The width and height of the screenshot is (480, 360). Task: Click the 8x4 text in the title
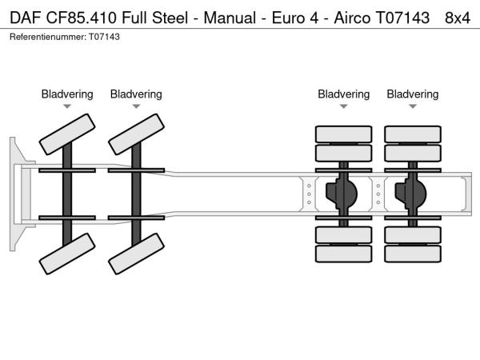[x=457, y=18]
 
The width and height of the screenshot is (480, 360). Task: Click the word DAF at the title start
[x=24, y=18]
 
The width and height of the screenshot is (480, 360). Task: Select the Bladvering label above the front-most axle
[x=67, y=94]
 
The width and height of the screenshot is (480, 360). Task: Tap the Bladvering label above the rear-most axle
[x=413, y=94]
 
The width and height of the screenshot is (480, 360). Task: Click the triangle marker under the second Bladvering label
[x=136, y=106]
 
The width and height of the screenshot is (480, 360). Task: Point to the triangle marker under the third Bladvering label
[x=344, y=106]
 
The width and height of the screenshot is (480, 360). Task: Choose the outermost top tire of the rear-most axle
[x=413, y=134]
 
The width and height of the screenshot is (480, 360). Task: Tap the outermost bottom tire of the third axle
[x=344, y=254]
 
